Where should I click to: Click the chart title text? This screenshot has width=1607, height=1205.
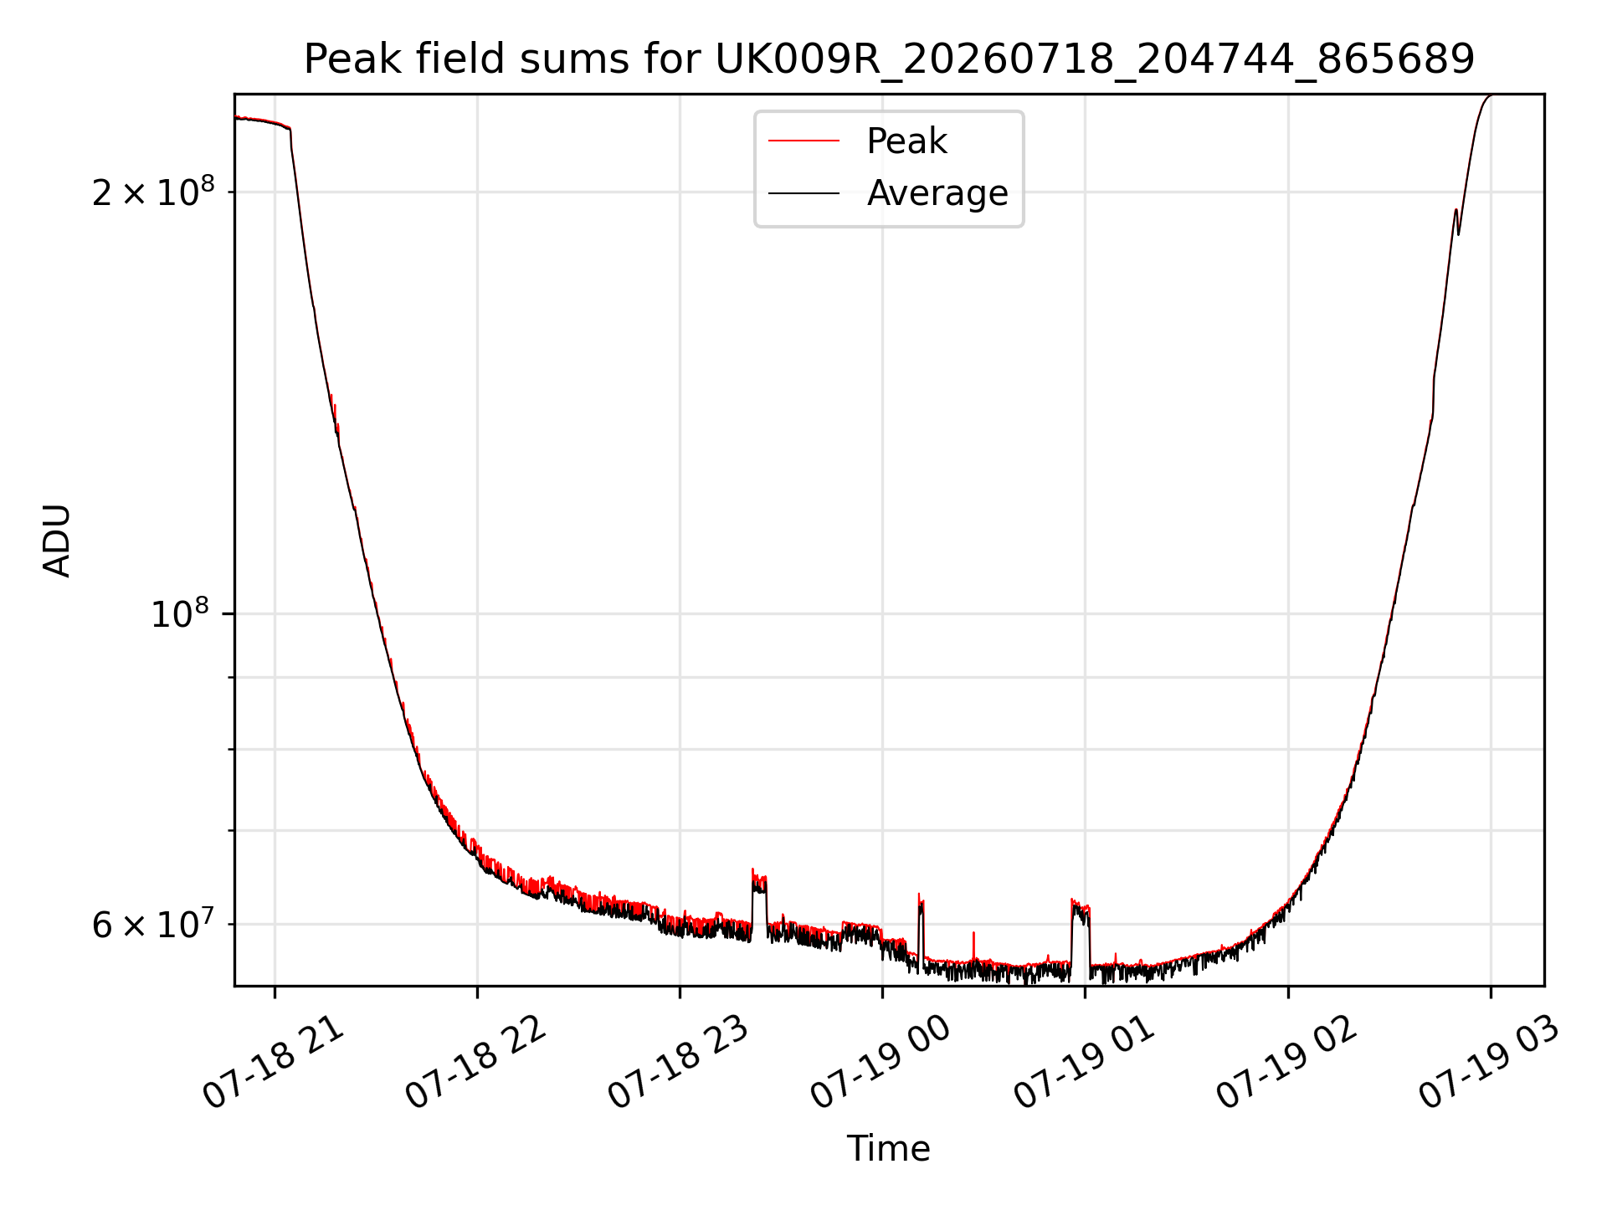pos(889,59)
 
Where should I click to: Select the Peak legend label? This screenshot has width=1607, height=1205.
pos(906,141)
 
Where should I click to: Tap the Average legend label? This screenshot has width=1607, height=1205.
pos(937,193)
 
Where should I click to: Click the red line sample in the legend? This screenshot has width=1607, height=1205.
pos(803,141)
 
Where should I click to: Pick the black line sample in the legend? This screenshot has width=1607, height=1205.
pos(803,193)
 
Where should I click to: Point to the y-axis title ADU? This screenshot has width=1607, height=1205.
pos(57,541)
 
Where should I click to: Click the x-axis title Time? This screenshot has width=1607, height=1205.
pos(889,1149)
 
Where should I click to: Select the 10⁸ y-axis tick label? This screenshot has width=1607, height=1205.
pos(180,613)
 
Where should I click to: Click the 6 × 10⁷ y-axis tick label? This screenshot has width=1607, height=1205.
pos(153,924)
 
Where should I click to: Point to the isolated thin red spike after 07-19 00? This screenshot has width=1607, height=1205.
pos(973,944)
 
